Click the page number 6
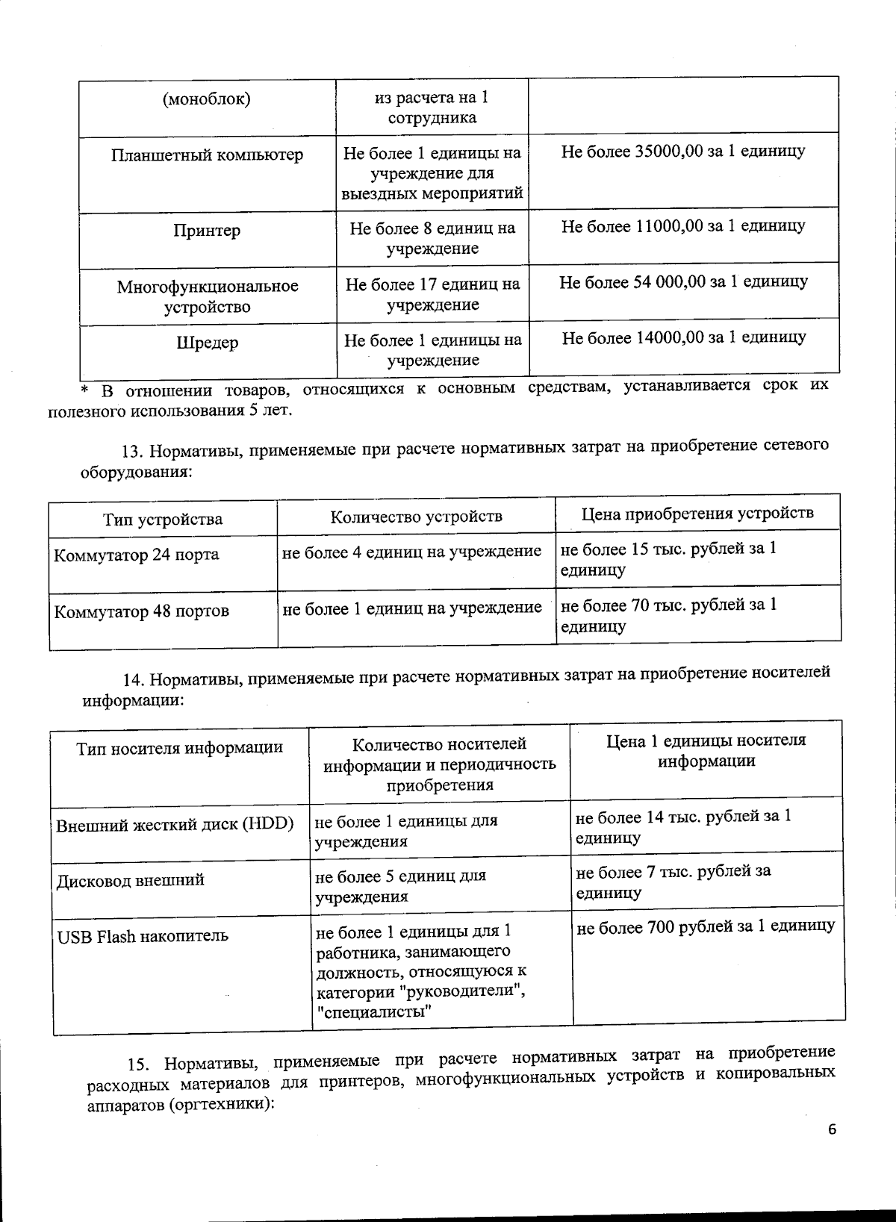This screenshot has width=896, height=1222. [832, 1129]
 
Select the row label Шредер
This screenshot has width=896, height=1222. [208, 343]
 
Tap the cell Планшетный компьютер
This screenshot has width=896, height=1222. [208, 155]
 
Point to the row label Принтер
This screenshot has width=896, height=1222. [208, 231]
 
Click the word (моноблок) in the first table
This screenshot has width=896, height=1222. [207, 99]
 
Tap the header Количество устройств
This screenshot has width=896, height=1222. [416, 517]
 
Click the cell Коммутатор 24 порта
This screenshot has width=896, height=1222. [137, 555]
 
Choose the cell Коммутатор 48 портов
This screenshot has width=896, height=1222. [142, 611]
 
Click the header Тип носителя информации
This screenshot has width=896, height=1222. [180, 748]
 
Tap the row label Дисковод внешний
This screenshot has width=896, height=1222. [131, 880]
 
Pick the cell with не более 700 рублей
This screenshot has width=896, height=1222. [706, 927]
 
